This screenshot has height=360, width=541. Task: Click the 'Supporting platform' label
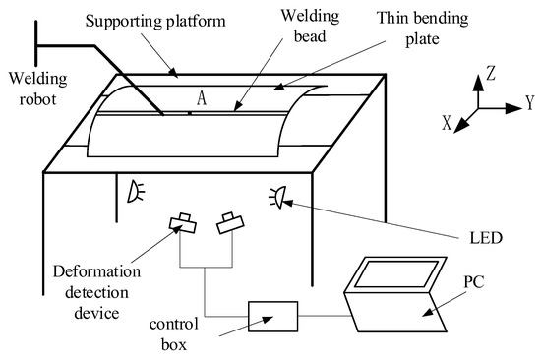pyautogui.click(x=155, y=22)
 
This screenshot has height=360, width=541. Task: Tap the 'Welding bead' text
pyautogui.click(x=310, y=27)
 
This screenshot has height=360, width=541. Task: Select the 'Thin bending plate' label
pyautogui.click(x=423, y=29)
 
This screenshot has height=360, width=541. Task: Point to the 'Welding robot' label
pyautogui.click(x=38, y=89)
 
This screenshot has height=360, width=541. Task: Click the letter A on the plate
pyautogui.click(x=202, y=98)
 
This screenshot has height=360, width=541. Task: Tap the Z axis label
pyautogui.click(x=491, y=73)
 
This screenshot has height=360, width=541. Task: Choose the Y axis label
pyautogui.click(x=529, y=102)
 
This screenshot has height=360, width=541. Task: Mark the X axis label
pyautogui.click(x=447, y=123)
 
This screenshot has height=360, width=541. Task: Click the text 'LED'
pyautogui.click(x=486, y=238)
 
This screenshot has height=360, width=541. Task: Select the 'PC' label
pyautogui.click(x=474, y=282)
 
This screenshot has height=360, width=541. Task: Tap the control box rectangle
pyautogui.click(x=272, y=317)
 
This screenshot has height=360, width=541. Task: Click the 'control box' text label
pyautogui.click(x=174, y=334)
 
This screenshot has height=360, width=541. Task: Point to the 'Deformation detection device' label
pyautogui.click(x=97, y=292)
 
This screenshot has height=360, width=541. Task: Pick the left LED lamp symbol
pyautogui.click(x=136, y=192)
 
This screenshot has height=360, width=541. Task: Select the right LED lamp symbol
pyautogui.click(x=278, y=197)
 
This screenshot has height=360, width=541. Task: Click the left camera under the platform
pyautogui.click(x=183, y=223)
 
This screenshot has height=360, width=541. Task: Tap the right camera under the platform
pyautogui.click(x=230, y=223)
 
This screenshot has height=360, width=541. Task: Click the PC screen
pyautogui.click(x=396, y=273)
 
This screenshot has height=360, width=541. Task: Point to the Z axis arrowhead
pyautogui.click(x=478, y=83)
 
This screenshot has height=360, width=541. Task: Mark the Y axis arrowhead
pyautogui.click(x=513, y=108)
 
